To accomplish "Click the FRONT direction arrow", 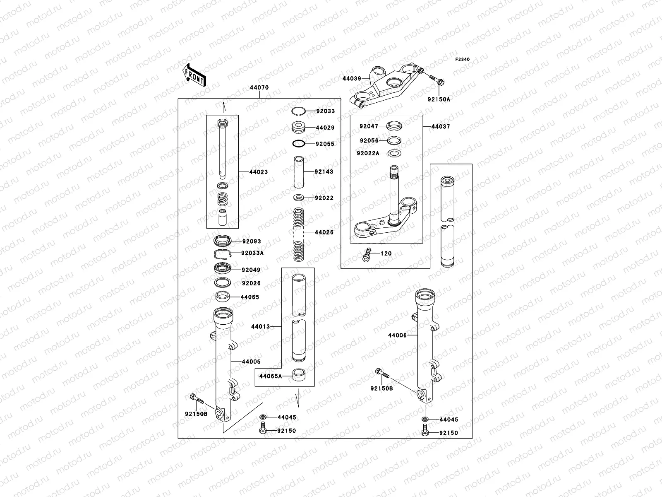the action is tap(194, 75).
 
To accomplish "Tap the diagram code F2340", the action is tap(462, 60).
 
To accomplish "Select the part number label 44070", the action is tap(259, 87).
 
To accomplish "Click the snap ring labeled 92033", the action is tap(299, 111).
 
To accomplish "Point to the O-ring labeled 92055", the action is tap(299, 144).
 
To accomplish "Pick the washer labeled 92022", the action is tap(299, 198).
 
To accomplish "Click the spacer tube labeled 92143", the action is tap(299, 172).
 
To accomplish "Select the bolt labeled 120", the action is tap(367, 255).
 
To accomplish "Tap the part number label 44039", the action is tap(352, 78).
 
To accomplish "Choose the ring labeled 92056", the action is tap(394, 140).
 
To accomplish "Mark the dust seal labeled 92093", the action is tap(223, 241).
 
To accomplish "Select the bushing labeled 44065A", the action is tap(299, 375).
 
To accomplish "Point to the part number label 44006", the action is tap(397, 335).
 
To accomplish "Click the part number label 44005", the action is tap(251, 362).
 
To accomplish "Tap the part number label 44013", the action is tap(261, 326).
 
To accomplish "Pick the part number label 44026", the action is tap(324, 232).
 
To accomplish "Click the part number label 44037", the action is tap(441, 127).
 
